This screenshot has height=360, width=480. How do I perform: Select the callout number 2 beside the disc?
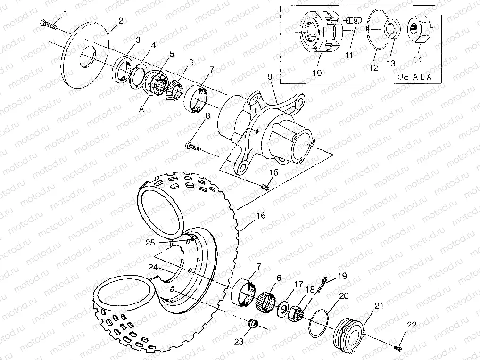121,21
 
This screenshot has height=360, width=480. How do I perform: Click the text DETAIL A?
415,76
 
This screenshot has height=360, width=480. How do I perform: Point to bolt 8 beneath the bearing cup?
193,147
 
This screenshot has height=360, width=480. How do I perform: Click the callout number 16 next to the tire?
261,216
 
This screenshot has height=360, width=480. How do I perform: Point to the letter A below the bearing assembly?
141,108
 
